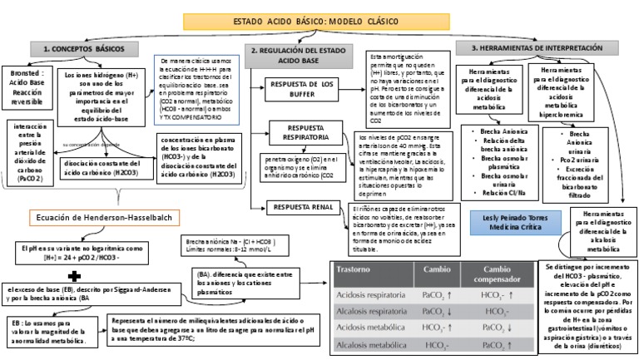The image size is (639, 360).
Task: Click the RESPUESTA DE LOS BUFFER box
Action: click(305, 89)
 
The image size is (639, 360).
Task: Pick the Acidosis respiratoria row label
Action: click(371, 295)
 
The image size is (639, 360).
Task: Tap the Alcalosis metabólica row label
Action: click(371, 344)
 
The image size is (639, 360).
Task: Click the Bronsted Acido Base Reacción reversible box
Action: click(25, 87)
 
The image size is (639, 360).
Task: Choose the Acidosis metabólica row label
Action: click(370, 328)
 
